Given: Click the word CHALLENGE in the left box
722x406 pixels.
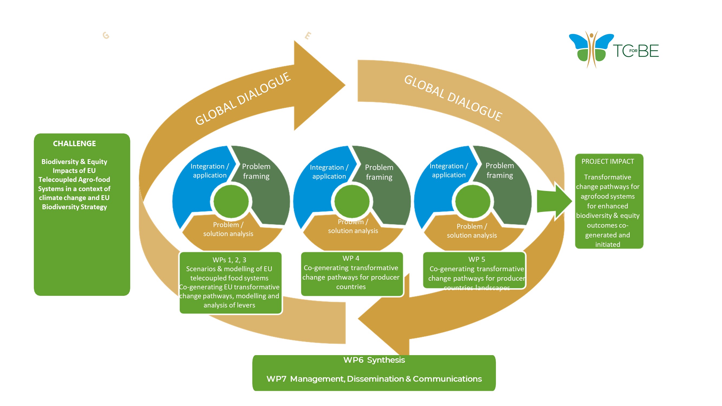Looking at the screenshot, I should pyautogui.click(x=74, y=143).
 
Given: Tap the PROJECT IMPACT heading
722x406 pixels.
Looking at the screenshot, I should pyautogui.click(x=607, y=161).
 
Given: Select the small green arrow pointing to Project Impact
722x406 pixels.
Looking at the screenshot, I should pyautogui.click(x=554, y=201).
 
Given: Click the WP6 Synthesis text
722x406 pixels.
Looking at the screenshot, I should pyautogui.click(x=374, y=360).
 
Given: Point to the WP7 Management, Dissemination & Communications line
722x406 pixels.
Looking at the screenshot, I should pyautogui.click(x=374, y=379).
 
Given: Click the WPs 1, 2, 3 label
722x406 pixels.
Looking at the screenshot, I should pyautogui.click(x=229, y=260).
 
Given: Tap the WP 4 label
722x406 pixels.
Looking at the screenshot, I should pyautogui.click(x=351, y=258).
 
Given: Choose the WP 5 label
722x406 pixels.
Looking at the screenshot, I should pyautogui.click(x=476, y=259).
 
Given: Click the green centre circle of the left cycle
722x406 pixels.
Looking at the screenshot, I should pyautogui.click(x=231, y=201).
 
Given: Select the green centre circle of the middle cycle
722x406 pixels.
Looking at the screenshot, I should pyautogui.click(x=352, y=201).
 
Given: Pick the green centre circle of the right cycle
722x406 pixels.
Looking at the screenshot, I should pyautogui.click(x=473, y=201).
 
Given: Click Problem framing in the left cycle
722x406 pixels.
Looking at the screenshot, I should pyautogui.click(x=256, y=171).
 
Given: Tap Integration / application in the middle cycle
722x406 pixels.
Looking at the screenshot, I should pyautogui.click(x=329, y=172).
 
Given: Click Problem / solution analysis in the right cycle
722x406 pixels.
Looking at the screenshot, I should pyautogui.click(x=472, y=231).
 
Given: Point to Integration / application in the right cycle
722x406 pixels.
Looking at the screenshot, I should pyautogui.click(x=449, y=170).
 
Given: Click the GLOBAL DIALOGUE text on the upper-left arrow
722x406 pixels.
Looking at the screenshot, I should pyautogui.click(x=243, y=98).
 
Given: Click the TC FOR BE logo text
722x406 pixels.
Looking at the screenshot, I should pyautogui.click(x=636, y=51).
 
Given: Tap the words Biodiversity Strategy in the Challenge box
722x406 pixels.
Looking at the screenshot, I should pyautogui.click(x=74, y=207).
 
